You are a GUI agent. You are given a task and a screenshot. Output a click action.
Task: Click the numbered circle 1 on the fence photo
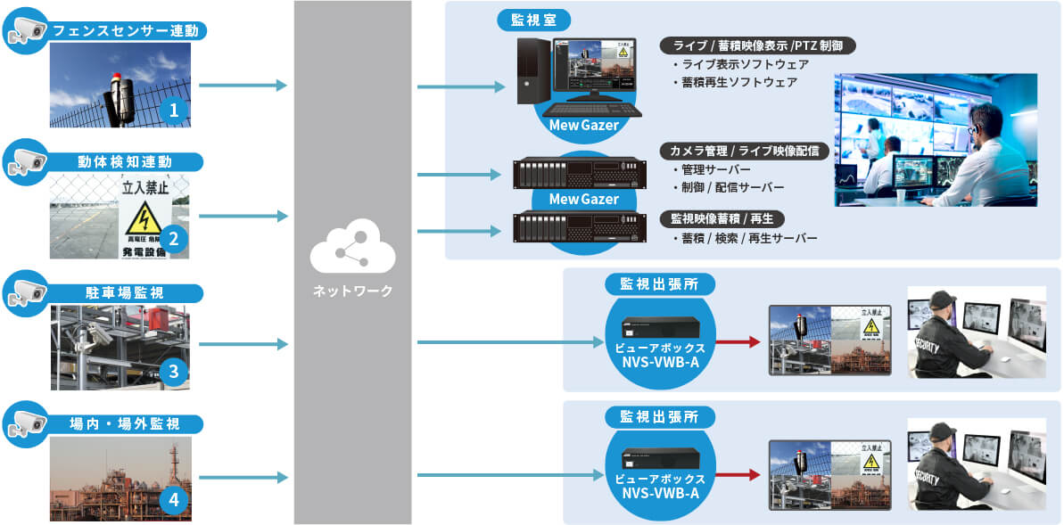click(x=175, y=111)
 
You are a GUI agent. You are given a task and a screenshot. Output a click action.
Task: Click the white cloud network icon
click(x=351, y=252)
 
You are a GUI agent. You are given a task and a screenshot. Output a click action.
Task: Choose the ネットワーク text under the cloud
click(x=352, y=291)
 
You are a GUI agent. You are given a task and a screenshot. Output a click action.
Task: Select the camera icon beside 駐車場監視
click(x=24, y=292)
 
